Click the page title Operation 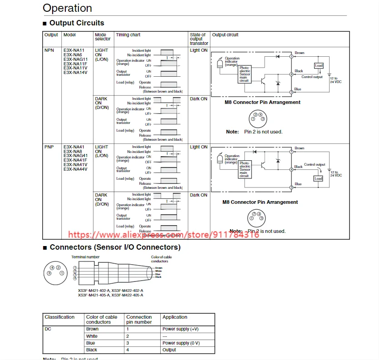67,8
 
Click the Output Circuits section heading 77,23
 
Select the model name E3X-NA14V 75,73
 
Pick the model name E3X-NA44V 75,169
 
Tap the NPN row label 49,50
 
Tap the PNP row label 49,147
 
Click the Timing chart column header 128,35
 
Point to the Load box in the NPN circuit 319,66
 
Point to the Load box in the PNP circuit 318,178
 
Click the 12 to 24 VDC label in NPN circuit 336,80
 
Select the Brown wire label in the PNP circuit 300,148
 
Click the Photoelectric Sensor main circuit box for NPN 244,74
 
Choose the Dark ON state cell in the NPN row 198,99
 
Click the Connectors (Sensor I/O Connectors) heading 115,247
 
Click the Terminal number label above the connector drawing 85,257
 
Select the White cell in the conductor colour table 92,336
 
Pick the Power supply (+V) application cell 181,329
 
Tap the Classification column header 59,317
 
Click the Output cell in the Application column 169,350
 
